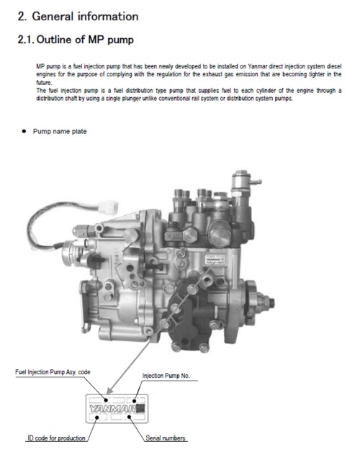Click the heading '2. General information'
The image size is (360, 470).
point(78,16)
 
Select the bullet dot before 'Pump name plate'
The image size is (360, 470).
point(24,132)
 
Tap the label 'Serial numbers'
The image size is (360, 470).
point(166,438)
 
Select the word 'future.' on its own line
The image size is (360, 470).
point(45,83)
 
